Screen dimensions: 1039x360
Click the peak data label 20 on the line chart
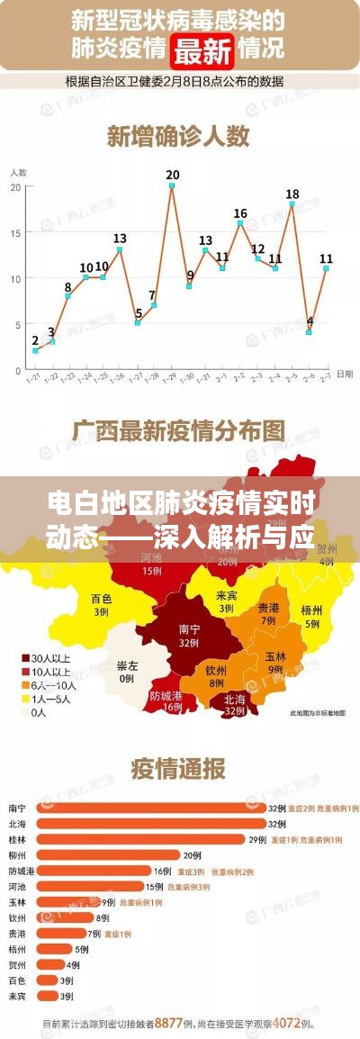coord(172,175)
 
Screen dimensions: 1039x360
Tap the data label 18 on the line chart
coord(292,194)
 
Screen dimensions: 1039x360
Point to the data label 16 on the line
coord(240,213)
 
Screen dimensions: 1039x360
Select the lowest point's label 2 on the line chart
coord(35,340)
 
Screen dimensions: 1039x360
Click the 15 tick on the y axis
coord(15,232)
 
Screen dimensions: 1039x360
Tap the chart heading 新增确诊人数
coord(178,136)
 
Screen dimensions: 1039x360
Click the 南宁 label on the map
coord(190,610)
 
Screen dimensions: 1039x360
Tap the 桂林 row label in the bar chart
coord(16,839)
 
